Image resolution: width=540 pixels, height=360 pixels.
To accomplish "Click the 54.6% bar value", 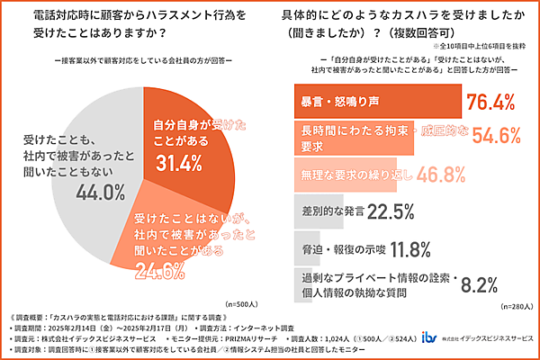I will coord(491,135).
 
